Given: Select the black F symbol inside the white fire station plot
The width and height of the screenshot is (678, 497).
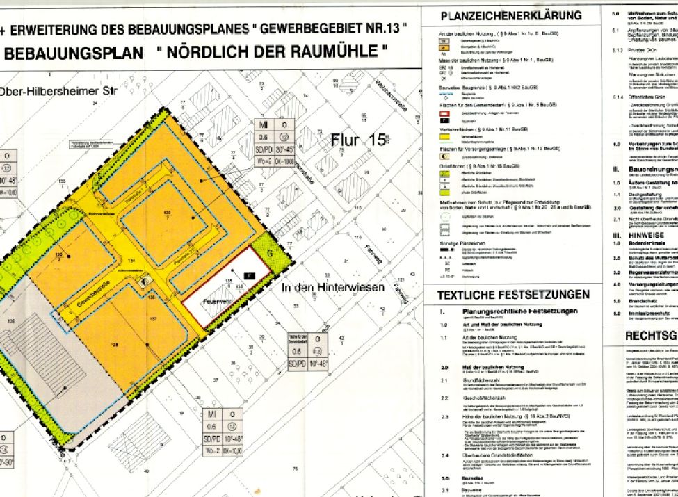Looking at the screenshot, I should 247,277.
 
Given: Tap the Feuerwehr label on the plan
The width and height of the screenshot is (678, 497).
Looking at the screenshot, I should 217,302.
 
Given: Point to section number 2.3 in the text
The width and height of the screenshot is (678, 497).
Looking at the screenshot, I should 444,417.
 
